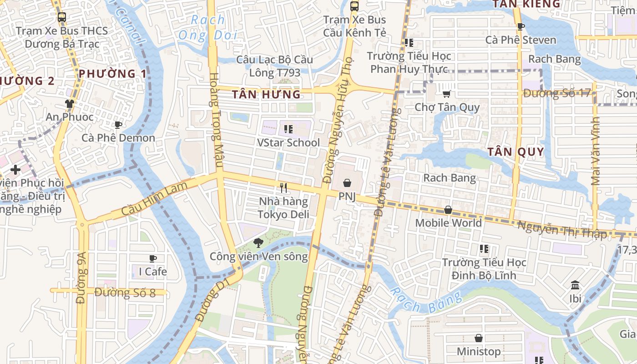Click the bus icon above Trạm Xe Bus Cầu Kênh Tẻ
(354, 6)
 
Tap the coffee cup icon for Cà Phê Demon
(118, 125)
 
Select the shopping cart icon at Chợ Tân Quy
(447, 94)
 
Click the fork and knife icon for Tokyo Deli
(283, 187)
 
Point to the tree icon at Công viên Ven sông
(258, 243)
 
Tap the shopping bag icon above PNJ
(347, 183)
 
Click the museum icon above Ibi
(575, 285)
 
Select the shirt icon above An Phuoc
(69, 104)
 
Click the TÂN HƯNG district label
(266, 95)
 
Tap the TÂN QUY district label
(516, 152)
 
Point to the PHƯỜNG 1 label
(113, 74)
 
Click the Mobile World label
(448, 223)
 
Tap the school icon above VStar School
(288, 129)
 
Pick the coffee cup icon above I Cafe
(153, 258)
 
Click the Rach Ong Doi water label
(208, 27)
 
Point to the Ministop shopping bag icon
(478, 338)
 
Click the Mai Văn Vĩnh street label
(596, 151)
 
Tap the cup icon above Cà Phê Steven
(521, 26)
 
